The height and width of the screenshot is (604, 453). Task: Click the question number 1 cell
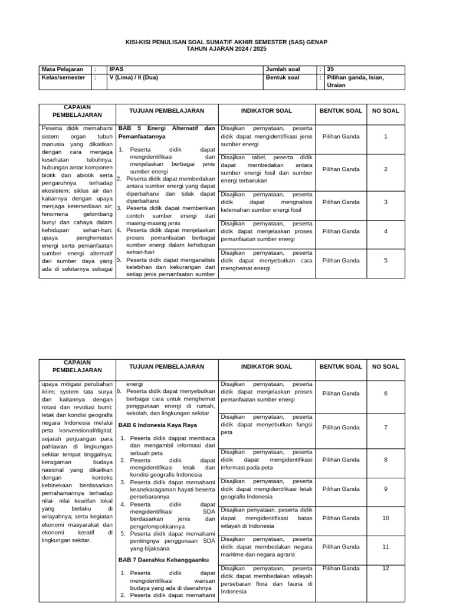click(x=386, y=136)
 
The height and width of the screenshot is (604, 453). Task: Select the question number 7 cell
click(x=386, y=428)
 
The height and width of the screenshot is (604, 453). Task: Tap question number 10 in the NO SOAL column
click(x=386, y=518)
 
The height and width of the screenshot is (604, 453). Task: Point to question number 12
click(x=386, y=568)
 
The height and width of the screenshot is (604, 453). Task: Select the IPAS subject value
click(x=116, y=69)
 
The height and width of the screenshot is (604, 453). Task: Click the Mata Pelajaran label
click(x=63, y=69)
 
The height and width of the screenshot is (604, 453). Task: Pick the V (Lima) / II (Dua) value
click(x=134, y=77)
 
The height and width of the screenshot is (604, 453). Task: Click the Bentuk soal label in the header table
click(x=283, y=77)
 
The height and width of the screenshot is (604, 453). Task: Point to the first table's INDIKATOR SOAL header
click(x=266, y=111)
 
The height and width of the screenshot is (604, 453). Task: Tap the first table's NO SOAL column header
click(x=386, y=111)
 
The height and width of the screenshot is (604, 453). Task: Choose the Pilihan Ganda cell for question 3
click(x=341, y=202)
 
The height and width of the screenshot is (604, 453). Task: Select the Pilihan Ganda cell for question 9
click(x=341, y=489)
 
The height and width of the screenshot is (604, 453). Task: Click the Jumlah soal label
click(x=283, y=69)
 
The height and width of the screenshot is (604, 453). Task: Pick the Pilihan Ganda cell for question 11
click(x=341, y=547)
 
